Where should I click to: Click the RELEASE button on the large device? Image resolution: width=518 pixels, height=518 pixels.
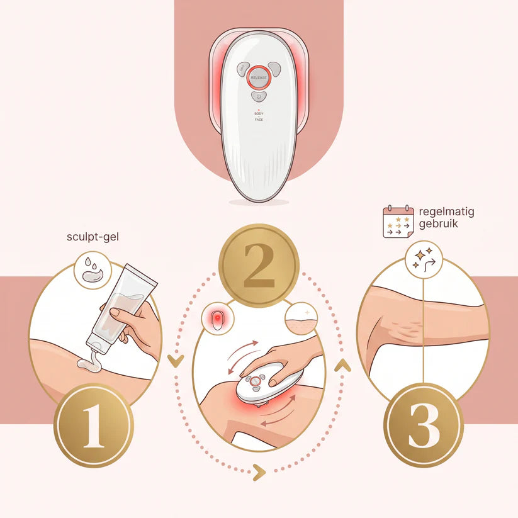259,77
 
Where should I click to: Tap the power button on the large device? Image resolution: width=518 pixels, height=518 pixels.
259,96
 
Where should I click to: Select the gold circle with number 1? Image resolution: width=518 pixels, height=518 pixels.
94,426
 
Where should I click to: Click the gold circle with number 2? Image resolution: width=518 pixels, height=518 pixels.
259,265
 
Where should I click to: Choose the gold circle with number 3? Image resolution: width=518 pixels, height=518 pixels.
424,425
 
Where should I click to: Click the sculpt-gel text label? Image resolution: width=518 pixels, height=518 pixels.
93,237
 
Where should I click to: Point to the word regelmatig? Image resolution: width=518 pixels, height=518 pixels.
446,211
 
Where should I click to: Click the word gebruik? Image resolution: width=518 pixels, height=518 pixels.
439,223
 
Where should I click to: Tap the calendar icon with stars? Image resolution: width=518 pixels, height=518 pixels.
398,222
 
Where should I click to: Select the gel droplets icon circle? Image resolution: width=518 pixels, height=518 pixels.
93,270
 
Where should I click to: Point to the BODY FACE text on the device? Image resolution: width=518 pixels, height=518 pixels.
259,116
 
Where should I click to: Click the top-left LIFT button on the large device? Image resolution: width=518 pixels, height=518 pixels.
243,68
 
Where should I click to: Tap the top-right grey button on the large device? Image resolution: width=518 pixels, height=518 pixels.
274,68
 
